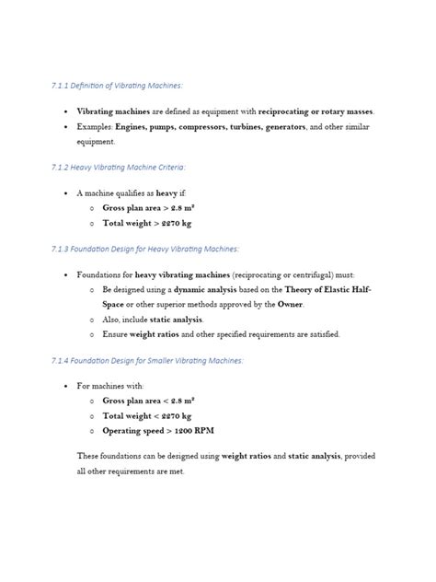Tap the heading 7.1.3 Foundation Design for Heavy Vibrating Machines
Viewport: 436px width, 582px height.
(x=144, y=249)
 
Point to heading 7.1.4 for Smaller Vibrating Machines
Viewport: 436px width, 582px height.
(x=147, y=360)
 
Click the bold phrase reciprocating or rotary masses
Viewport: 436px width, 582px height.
(x=309, y=111)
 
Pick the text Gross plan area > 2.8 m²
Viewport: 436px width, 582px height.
(x=149, y=208)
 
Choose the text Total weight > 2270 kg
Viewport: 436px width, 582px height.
(x=147, y=223)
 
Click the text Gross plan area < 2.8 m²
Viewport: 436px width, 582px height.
(x=149, y=402)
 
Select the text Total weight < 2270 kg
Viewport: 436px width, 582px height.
(x=147, y=416)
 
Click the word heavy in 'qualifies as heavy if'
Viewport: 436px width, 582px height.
(x=167, y=193)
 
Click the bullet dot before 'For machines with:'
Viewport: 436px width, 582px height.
(x=66, y=386)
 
